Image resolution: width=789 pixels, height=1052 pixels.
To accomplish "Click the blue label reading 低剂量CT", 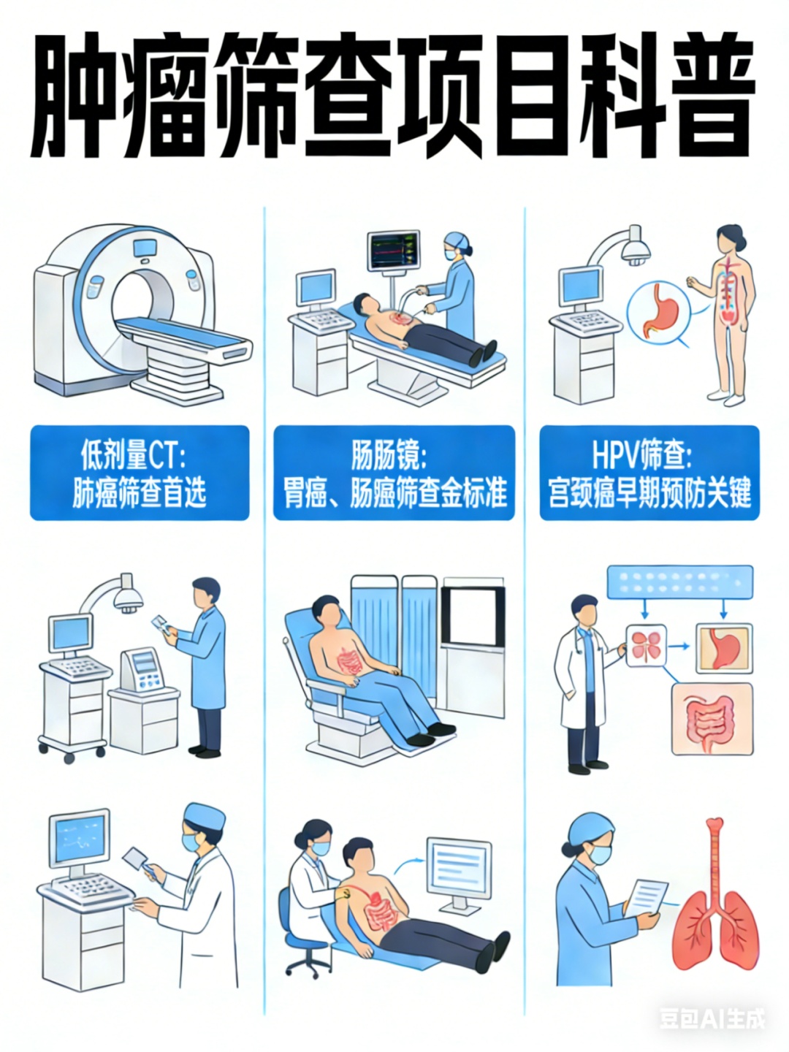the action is tap(140, 473).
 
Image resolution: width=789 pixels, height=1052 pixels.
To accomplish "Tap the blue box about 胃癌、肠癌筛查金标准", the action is tap(394, 473).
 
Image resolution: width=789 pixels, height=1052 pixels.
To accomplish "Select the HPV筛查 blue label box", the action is tap(649, 473).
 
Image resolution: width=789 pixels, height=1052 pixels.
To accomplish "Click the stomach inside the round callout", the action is tap(660, 310).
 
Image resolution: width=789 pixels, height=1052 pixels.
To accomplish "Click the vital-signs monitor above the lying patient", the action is tap(393, 250).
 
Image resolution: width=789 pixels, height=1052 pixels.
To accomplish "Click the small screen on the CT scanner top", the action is tap(145, 248).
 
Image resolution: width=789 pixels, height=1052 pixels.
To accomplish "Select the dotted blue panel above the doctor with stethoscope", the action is tap(680, 582).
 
